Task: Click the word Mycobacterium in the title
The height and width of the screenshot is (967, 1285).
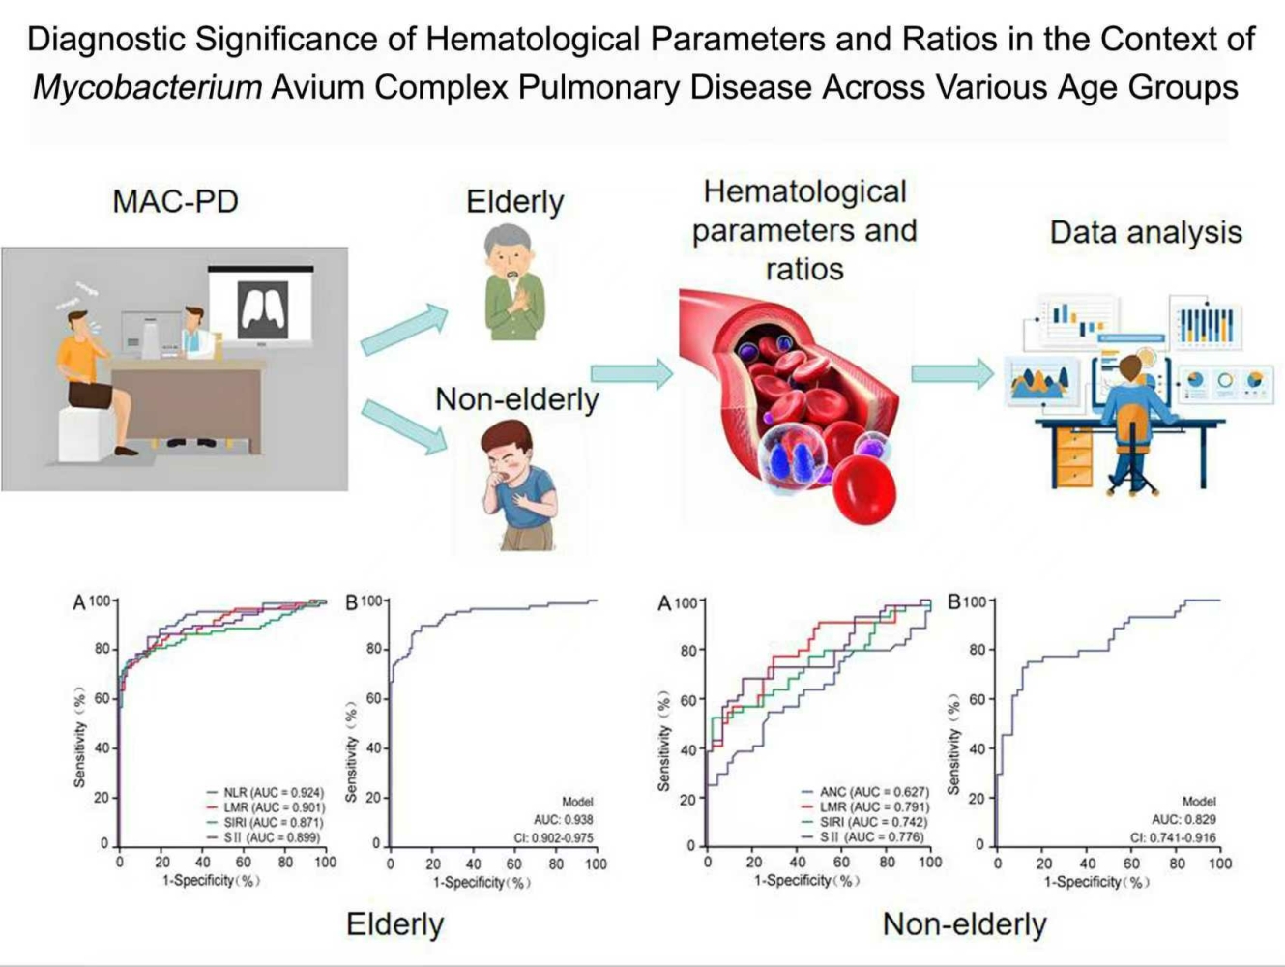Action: pyautogui.click(x=148, y=88)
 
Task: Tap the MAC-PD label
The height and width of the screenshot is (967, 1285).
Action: pyautogui.click(x=176, y=202)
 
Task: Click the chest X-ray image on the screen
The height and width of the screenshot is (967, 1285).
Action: pyautogui.click(x=263, y=310)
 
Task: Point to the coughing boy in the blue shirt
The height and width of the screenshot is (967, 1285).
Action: pyautogui.click(x=518, y=485)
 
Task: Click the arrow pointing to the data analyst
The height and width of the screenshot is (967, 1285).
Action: pyautogui.click(x=952, y=373)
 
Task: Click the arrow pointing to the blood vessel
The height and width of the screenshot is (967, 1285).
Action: pyautogui.click(x=632, y=373)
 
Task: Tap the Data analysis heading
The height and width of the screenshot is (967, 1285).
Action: pyautogui.click(x=1146, y=232)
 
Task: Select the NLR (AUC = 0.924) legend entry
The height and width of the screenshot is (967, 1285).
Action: pyautogui.click(x=265, y=793)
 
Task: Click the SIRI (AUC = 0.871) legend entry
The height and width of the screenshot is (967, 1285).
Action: pyautogui.click(x=265, y=822)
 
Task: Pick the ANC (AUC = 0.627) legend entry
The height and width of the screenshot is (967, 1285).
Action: pyautogui.click(x=865, y=792)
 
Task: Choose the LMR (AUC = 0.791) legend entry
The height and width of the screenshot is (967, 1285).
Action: pyautogui.click(x=865, y=807)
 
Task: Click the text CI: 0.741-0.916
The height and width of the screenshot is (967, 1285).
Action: pyautogui.click(x=1173, y=837)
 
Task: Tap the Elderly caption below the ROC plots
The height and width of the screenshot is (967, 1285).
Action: pyautogui.click(x=395, y=924)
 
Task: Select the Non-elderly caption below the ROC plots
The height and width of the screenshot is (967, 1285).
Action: pyautogui.click(x=964, y=924)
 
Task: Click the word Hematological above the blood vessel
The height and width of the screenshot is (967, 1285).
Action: pyautogui.click(x=805, y=192)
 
